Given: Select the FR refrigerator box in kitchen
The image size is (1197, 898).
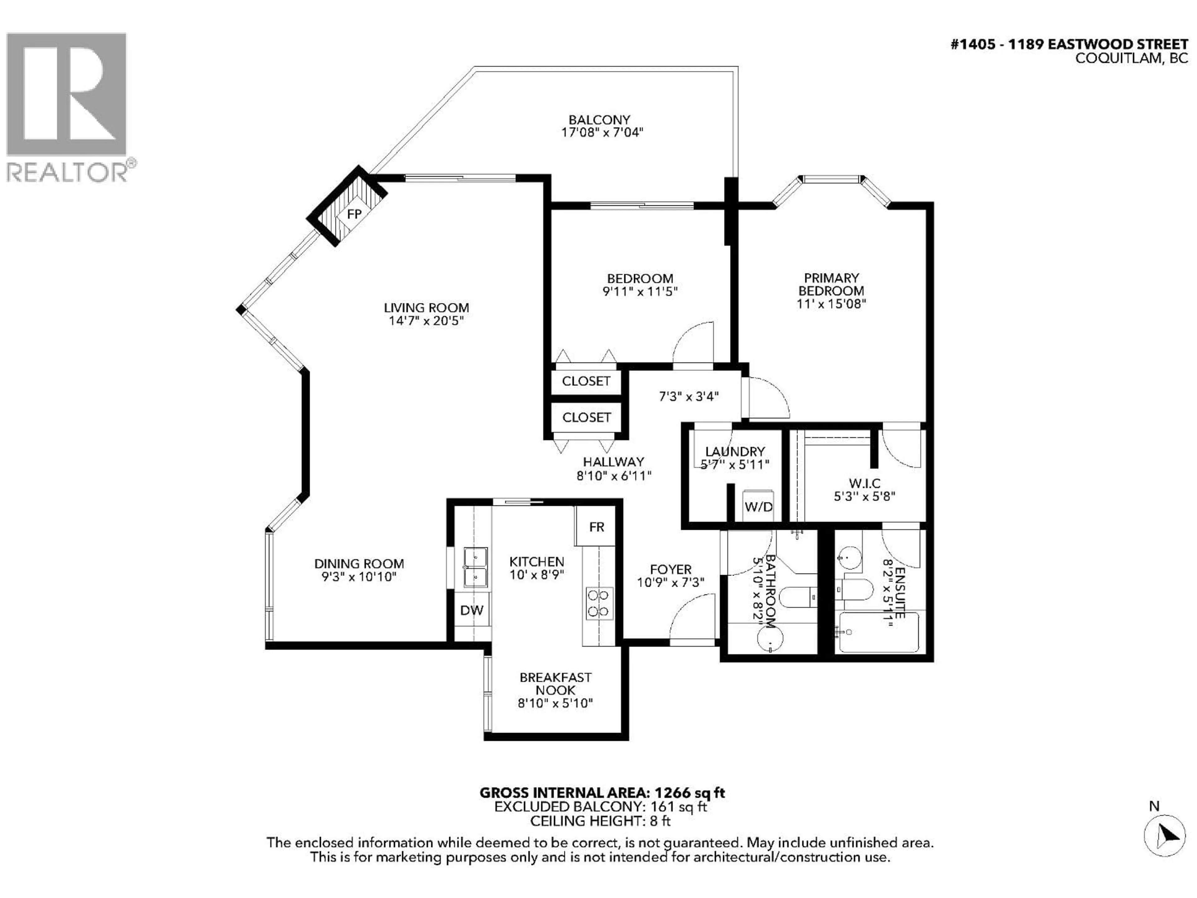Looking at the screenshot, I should (596, 527).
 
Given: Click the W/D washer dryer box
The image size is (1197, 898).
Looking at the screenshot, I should (759, 507).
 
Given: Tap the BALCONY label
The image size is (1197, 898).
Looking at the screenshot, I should (599, 120).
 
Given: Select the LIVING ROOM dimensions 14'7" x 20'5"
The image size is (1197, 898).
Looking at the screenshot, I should (426, 321).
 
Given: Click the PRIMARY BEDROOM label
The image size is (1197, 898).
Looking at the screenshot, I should (831, 284).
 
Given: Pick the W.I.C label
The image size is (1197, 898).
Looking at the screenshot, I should (864, 483).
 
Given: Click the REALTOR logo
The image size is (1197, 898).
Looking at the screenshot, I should (68, 106).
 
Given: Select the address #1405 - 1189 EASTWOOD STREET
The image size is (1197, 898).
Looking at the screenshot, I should (1069, 44).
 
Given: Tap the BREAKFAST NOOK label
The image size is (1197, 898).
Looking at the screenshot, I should (555, 684).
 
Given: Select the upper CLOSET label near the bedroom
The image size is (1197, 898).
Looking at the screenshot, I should (586, 381).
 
